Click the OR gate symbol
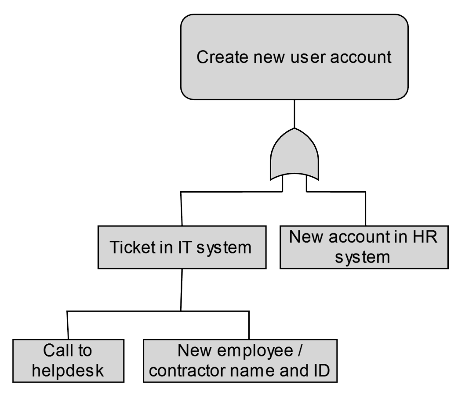[x=294, y=156]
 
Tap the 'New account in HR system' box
[x=364, y=247]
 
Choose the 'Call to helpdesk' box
[x=68, y=360]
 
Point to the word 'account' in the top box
[x=363, y=58]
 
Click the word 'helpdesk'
[x=68, y=370]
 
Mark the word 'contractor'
[x=197, y=370]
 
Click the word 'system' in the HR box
[x=364, y=256]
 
